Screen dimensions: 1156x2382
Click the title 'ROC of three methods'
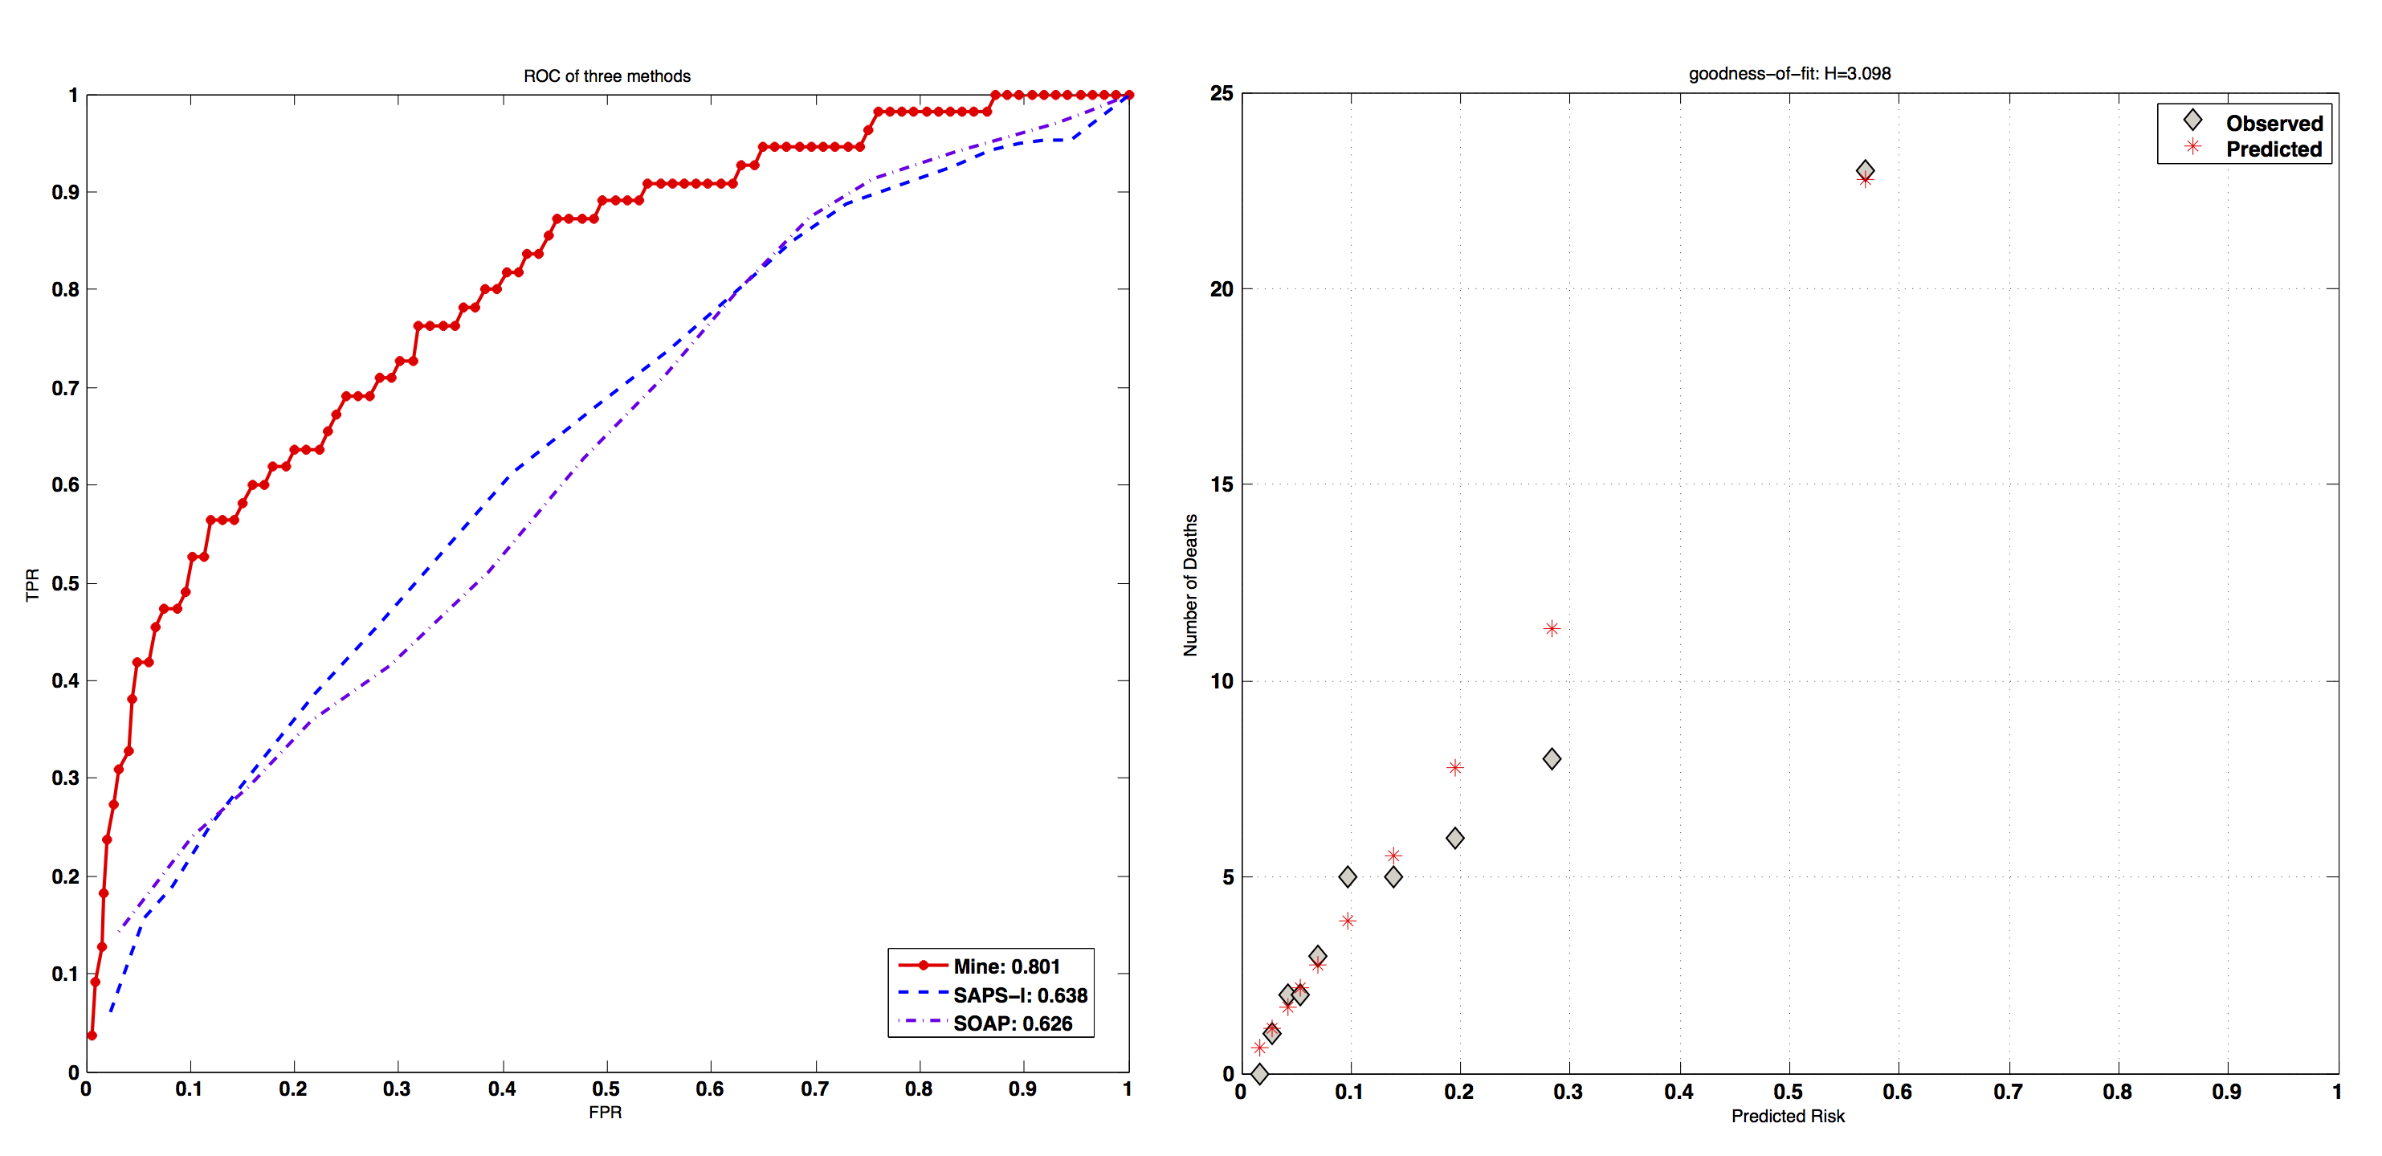[x=606, y=76]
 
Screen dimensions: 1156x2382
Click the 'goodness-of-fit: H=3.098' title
[x=1789, y=73]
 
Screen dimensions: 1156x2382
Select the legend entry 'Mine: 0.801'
[x=1006, y=966]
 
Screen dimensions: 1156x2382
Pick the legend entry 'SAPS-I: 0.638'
[x=1020, y=995]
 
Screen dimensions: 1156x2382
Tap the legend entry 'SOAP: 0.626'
[x=1013, y=1023]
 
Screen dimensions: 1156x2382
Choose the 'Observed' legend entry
[x=2274, y=123]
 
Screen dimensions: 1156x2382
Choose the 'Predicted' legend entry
[x=2273, y=149]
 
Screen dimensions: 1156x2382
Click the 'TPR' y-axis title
[x=32, y=585]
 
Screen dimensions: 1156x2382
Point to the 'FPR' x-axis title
[x=605, y=1112]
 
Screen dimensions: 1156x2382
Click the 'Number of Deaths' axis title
[x=1190, y=585]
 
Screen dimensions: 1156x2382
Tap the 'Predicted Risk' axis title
[x=1788, y=1116]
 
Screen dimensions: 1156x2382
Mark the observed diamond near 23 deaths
[x=1865, y=170]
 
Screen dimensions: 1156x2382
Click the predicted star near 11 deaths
[x=1552, y=629]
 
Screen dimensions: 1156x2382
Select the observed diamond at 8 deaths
[x=1552, y=759]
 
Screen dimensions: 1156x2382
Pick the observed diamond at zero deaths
[x=1258, y=1074]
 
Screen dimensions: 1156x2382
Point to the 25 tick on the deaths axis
[x=1222, y=93]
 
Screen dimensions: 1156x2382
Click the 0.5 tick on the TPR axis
[x=65, y=583]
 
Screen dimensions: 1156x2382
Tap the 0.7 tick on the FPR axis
[x=814, y=1089]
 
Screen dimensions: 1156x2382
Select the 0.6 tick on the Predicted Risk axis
[x=1898, y=1093]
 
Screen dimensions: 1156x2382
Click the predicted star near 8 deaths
[x=1454, y=767]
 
